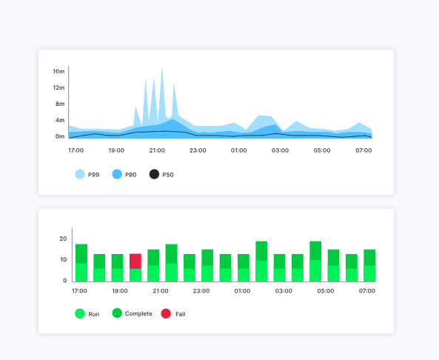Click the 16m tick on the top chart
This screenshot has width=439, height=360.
pyautogui.click(x=59, y=72)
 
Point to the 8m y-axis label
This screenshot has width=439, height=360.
pyautogui.click(x=59, y=104)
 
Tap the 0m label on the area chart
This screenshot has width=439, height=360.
pyautogui.click(x=59, y=137)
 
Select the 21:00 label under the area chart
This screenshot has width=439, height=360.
pyautogui.click(x=157, y=150)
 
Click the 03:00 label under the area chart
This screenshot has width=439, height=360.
pyautogui.click(x=280, y=150)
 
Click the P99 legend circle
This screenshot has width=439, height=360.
pyautogui.click(x=80, y=174)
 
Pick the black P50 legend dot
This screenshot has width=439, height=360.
pyautogui.click(x=154, y=174)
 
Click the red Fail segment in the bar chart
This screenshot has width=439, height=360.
pyautogui.click(x=135, y=261)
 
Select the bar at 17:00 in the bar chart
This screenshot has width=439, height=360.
pyautogui.click(x=81, y=263)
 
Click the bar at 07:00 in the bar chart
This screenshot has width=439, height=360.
pyautogui.click(x=369, y=265)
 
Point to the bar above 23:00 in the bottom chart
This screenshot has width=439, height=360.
pyautogui.click(x=207, y=265)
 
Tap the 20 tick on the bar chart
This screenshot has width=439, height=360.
pyautogui.click(x=62, y=239)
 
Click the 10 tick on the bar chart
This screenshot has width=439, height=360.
pyautogui.click(x=62, y=260)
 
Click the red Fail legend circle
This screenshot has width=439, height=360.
pyautogui.click(x=166, y=313)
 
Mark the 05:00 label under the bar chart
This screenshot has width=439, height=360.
pyautogui.click(x=324, y=292)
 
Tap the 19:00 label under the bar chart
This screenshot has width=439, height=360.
pyautogui.click(x=118, y=292)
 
